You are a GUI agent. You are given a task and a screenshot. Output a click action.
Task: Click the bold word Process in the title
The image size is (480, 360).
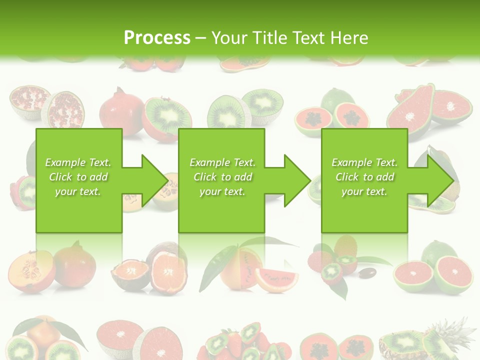[x=157, y=37]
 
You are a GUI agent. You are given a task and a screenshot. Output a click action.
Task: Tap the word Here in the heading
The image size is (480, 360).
[x=350, y=37]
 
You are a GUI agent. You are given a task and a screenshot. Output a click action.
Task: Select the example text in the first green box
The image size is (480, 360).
[x=78, y=177]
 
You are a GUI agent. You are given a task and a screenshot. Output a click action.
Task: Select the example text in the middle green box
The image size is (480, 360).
[x=222, y=177]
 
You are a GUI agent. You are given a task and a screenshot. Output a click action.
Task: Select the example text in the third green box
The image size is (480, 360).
[x=364, y=177]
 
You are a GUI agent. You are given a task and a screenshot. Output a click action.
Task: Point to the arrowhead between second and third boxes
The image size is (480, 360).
[x=297, y=180]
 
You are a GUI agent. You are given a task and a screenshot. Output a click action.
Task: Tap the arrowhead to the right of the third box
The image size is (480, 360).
[x=440, y=180]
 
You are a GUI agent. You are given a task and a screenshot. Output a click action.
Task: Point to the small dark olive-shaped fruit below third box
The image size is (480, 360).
[x=368, y=273]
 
